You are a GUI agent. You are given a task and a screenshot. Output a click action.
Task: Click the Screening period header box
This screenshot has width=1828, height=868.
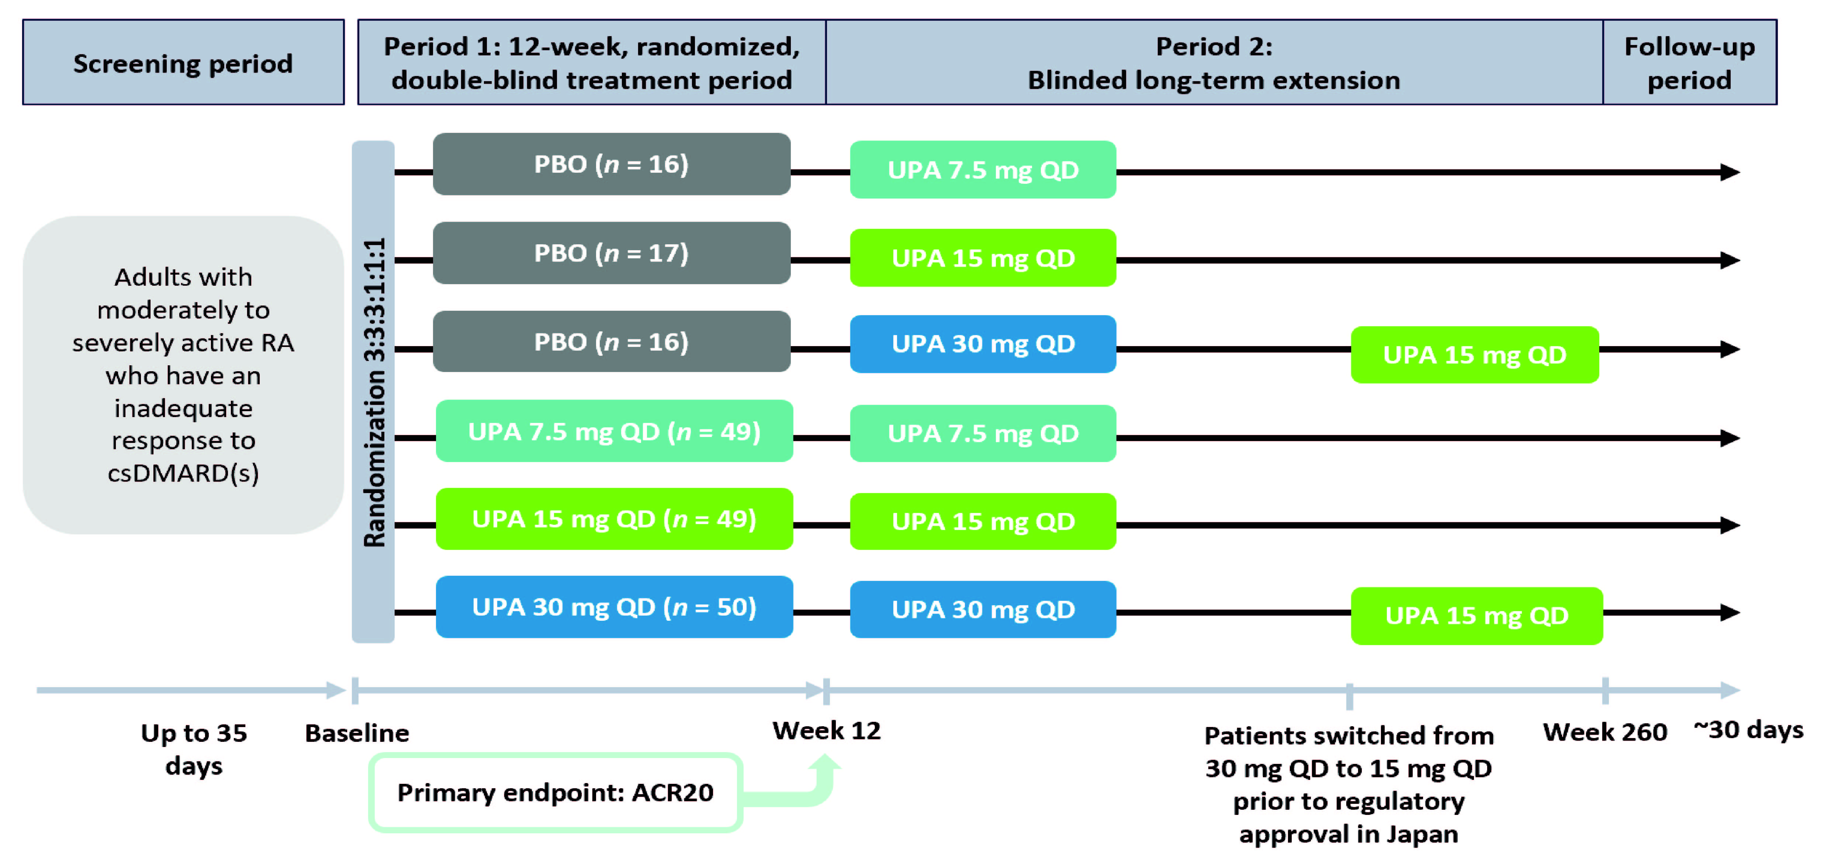click(183, 62)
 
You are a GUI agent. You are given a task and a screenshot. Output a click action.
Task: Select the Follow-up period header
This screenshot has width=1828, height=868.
click(1690, 62)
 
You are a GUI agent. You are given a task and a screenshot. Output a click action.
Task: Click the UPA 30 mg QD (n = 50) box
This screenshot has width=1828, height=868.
click(614, 607)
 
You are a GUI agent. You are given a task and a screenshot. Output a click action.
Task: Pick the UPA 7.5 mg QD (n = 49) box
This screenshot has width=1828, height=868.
click(614, 431)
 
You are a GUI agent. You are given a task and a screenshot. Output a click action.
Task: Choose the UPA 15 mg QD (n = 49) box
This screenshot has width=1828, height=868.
click(614, 519)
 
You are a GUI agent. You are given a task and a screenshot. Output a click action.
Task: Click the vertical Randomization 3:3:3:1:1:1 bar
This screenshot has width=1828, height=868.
click(373, 392)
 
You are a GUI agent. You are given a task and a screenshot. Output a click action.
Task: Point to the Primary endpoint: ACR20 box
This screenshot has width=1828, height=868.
click(555, 792)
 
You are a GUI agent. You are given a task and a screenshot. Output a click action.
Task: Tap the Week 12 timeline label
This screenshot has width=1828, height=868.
click(827, 730)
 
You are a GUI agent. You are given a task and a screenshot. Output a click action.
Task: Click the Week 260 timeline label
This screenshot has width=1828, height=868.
click(1605, 732)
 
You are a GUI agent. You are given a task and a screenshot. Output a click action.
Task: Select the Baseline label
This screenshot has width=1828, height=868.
click(357, 733)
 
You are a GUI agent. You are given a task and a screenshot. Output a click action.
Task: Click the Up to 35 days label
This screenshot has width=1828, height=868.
click(194, 750)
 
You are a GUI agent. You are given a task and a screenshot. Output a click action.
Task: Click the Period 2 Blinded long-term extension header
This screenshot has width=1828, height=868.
click(1214, 62)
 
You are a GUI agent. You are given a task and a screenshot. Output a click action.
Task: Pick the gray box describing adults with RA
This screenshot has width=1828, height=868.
click(183, 375)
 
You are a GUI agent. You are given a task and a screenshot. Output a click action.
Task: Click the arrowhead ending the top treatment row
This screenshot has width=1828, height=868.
click(1730, 172)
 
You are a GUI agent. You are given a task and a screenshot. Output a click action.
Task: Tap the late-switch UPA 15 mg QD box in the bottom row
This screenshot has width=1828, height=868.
click(1477, 615)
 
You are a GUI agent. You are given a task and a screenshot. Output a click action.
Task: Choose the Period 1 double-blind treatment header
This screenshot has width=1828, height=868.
click(592, 62)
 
